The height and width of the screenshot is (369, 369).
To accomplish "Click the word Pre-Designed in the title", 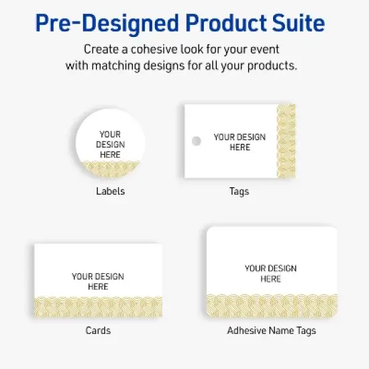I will (103, 24).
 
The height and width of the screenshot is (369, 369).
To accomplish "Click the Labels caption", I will (110, 191).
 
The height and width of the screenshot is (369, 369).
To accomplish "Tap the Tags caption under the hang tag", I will (239, 191).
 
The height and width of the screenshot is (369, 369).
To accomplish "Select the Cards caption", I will (98, 331).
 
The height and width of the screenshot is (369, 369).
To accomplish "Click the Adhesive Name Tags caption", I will (271, 331).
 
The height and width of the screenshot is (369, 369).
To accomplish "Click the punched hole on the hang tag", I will (196, 142).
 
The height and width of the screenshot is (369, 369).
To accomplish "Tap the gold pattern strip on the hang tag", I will (286, 141).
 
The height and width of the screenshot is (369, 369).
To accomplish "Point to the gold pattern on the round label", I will (110, 169).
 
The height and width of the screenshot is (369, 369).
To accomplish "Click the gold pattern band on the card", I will (98, 306).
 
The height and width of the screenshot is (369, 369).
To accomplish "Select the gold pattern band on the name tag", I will (271, 305).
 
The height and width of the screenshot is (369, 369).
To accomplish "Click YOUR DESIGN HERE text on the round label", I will (110, 144).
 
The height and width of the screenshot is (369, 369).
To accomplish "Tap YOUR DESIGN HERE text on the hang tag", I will (240, 142).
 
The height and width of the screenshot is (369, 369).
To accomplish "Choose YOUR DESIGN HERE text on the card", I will (98, 281).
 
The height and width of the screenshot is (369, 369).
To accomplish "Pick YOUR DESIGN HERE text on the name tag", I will (271, 273).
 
